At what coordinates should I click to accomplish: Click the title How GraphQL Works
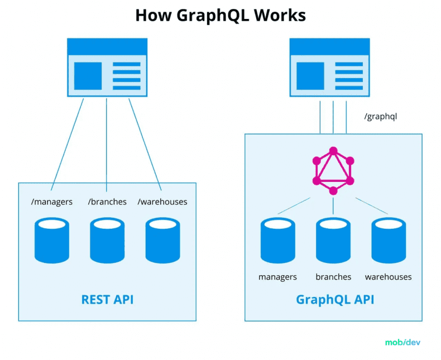pyautogui.click(x=220, y=15)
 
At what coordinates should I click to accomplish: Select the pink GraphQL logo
pyautogui.click(x=333, y=171)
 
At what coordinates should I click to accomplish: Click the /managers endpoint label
pyautogui.click(x=52, y=201)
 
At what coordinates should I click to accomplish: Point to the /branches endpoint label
pyautogui.click(x=107, y=201)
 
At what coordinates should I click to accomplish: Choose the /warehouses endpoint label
pyautogui.click(x=162, y=201)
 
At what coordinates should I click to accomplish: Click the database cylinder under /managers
pyautogui.click(x=52, y=240)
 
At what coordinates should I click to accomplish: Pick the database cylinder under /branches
pyautogui.click(x=107, y=240)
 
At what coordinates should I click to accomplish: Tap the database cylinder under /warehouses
pyautogui.click(x=162, y=240)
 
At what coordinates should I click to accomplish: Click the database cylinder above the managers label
pyautogui.click(x=277, y=240)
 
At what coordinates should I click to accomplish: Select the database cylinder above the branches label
pyautogui.click(x=333, y=240)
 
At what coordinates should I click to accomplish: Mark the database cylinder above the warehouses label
pyautogui.click(x=389, y=240)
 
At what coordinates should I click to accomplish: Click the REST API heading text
pyautogui.click(x=107, y=300)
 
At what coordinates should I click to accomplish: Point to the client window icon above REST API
pyautogui.click(x=107, y=68)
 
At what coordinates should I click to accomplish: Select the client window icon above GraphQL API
pyautogui.click(x=329, y=68)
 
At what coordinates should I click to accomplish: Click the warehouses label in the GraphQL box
pyautogui.click(x=389, y=277)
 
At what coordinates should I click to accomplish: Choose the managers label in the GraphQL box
pyautogui.click(x=277, y=277)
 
